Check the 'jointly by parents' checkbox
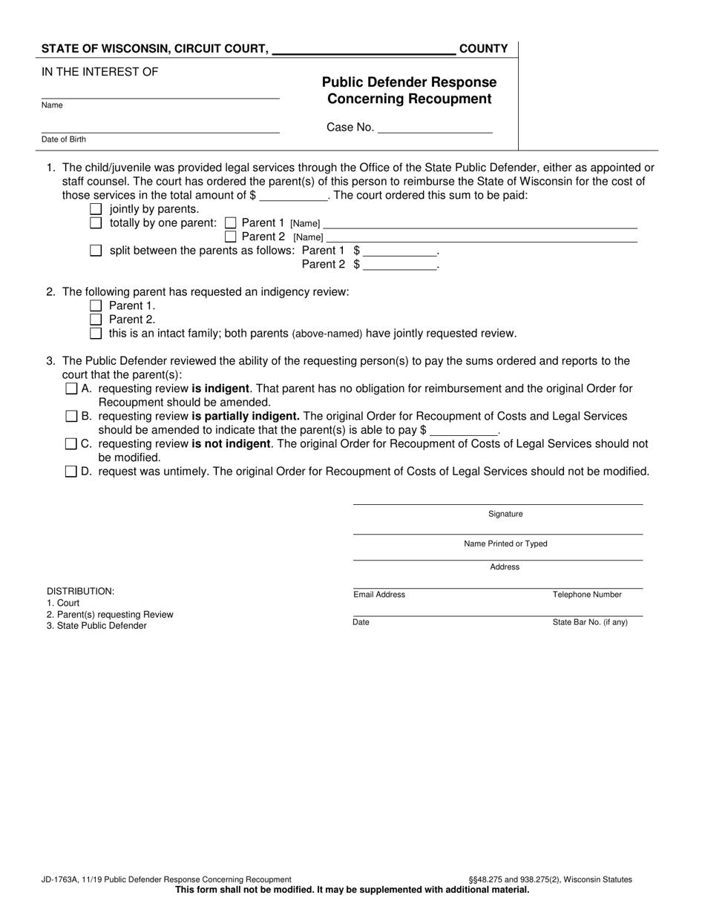point(95,209)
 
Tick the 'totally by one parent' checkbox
point(95,222)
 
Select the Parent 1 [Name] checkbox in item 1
point(230,222)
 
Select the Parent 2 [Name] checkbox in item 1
point(230,237)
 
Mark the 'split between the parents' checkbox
point(95,251)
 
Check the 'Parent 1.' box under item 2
point(95,305)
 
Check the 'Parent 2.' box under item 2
point(95,320)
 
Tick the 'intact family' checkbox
point(95,334)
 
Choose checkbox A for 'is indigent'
point(71,389)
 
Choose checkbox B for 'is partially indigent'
point(71,416)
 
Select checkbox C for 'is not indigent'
point(71,444)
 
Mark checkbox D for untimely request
point(71,472)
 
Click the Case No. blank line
point(435,128)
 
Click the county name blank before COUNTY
point(364,49)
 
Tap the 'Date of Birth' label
point(64,139)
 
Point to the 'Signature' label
point(505,514)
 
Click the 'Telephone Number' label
point(587,595)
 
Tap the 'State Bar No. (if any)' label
point(590,622)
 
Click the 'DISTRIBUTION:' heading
point(81,591)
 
